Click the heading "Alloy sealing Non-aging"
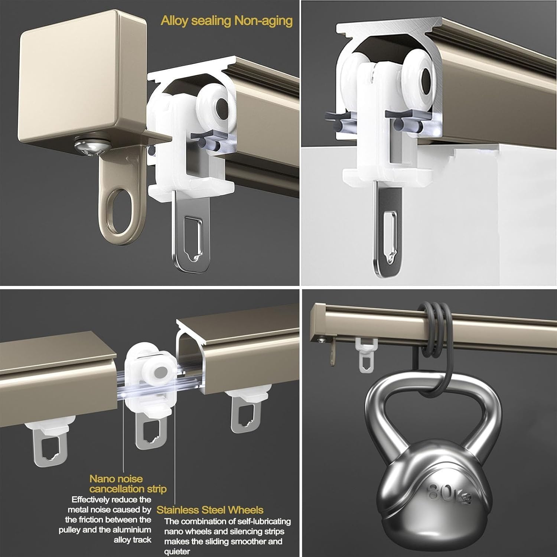pos(227,21)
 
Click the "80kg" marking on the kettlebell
pos(450,493)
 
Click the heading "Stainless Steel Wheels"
pos(210,510)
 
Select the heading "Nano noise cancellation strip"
pos(128,484)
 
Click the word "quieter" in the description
pos(177,551)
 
